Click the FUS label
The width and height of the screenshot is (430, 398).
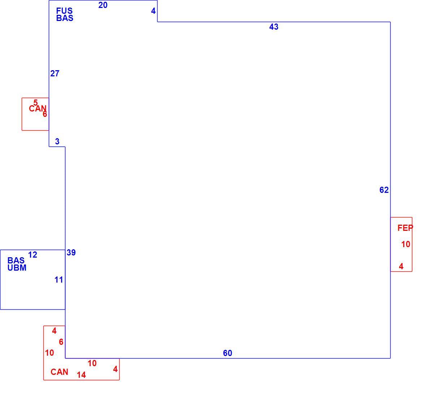(x=64, y=11)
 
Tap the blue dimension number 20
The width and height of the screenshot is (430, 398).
(x=103, y=5)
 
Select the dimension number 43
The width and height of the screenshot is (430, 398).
(x=274, y=27)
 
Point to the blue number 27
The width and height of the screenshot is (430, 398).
(x=55, y=73)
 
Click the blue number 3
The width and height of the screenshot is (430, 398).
(x=57, y=141)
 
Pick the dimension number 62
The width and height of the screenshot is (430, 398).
(x=384, y=190)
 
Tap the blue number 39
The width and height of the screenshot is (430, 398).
(x=71, y=253)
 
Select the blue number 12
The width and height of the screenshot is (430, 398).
(x=33, y=255)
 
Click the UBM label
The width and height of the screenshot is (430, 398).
(x=17, y=268)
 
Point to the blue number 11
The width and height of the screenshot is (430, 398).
(x=59, y=280)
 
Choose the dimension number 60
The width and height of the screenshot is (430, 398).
(x=228, y=353)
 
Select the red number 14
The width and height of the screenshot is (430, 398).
(x=81, y=375)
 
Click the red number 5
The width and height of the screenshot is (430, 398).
(x=36, y=103)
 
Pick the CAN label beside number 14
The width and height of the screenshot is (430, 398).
(x=60, y=372)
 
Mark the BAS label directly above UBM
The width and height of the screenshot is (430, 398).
(x=16, y=261)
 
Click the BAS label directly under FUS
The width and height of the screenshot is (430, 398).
(x=65, y=18)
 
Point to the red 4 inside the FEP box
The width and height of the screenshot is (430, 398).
(x=401, y=266)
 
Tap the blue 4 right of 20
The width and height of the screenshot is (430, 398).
(x=153, y=11)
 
